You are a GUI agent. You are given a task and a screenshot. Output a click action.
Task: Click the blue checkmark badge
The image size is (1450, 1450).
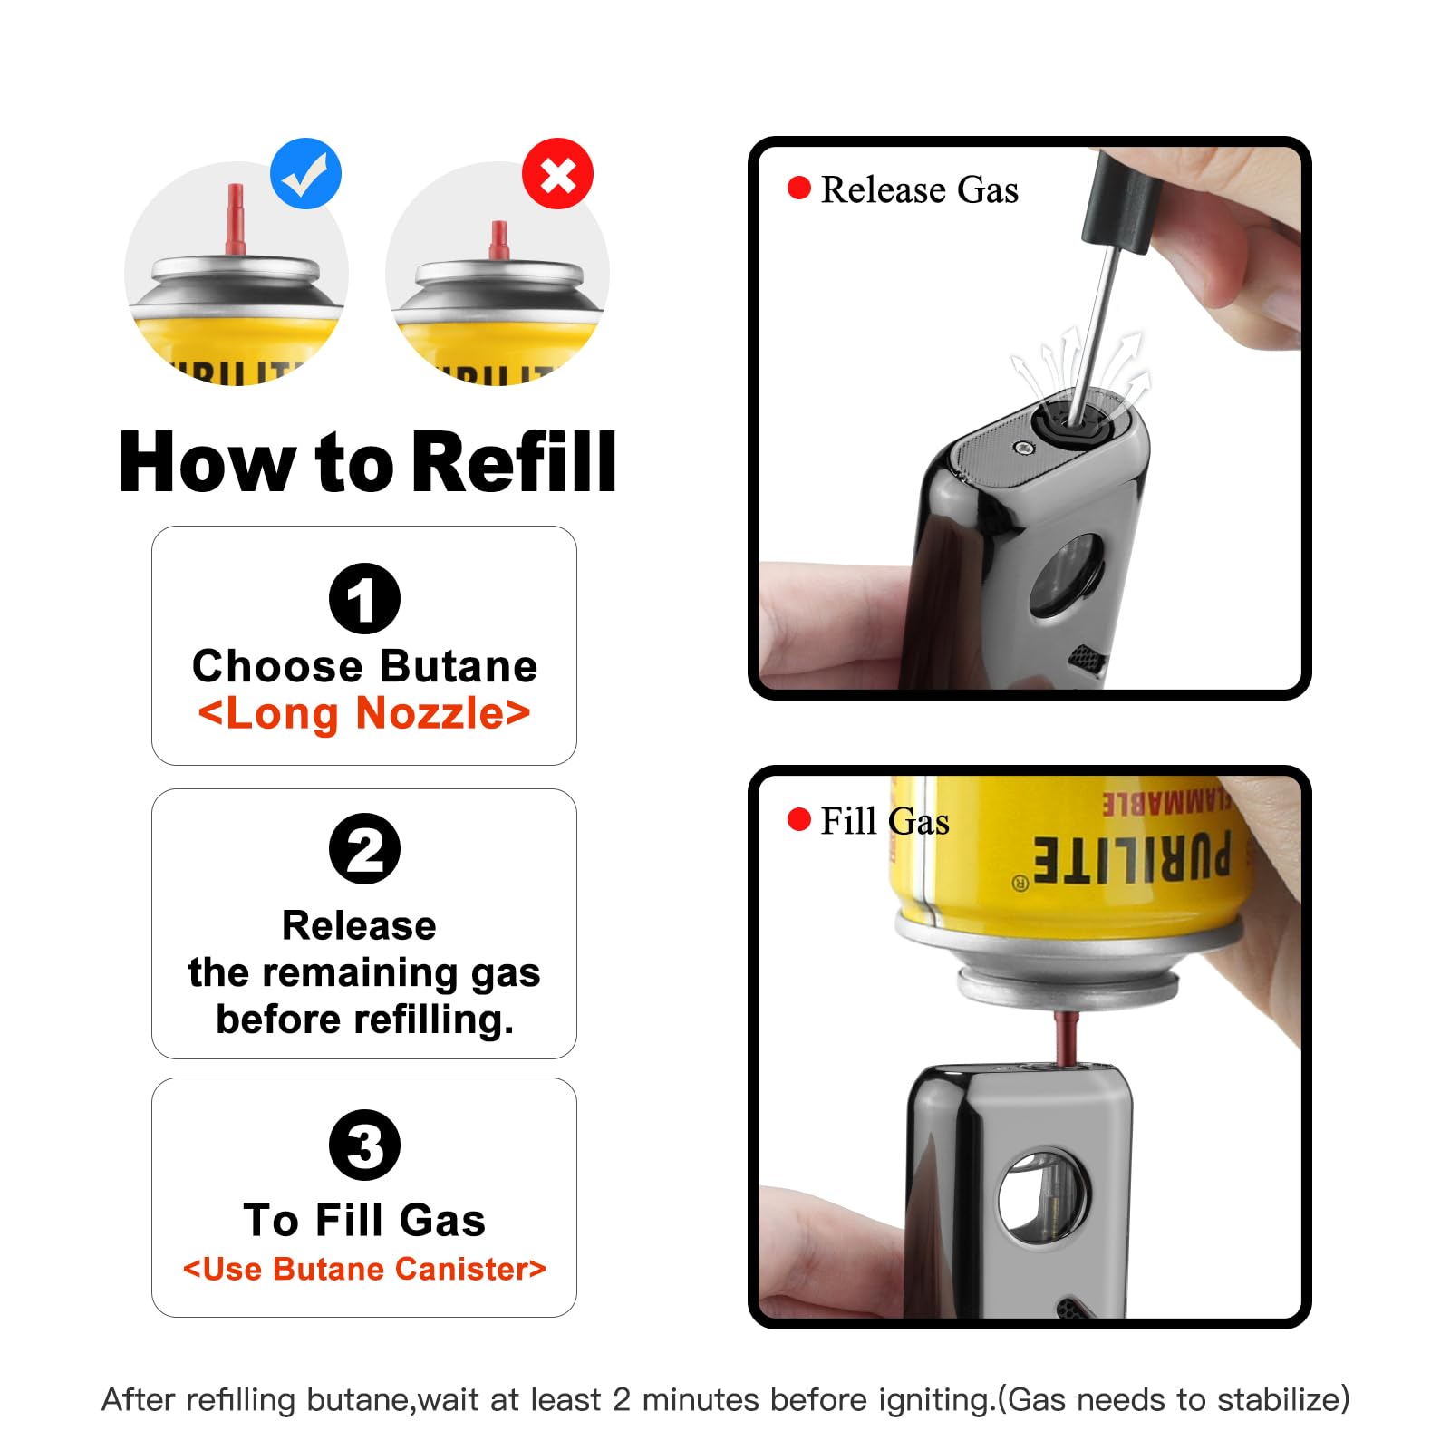click(305, 174)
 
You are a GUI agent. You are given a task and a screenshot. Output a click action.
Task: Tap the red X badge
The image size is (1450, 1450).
click(557, 174)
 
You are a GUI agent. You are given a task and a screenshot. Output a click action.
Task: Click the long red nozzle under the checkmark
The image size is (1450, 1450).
click(235, 219)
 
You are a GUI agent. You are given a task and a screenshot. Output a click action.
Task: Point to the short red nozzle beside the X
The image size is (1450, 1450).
click(498, 240)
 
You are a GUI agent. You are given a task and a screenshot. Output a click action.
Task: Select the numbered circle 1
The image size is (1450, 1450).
click(364, 598)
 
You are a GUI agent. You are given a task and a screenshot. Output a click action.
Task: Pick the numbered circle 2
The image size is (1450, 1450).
click(364, 849)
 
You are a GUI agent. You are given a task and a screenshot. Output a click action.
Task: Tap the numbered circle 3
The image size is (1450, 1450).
click(364, 1145)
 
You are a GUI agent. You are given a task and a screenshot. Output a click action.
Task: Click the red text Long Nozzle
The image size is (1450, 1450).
click(364, 713)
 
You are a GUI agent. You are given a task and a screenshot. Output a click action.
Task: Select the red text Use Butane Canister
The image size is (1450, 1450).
click(364, 1269)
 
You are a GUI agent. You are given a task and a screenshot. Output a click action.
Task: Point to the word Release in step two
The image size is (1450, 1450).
click(359, 926)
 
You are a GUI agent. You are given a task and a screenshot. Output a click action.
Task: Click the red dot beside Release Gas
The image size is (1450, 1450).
click(799, 188)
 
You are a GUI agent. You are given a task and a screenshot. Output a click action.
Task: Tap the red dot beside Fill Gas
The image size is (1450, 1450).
click(799, 819)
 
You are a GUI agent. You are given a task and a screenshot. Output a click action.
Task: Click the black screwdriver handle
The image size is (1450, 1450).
click(1121, 196)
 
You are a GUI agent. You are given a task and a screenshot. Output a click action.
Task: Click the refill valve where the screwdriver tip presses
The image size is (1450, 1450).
click(1070, 420)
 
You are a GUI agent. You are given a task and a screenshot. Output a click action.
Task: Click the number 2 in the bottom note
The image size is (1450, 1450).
click(622, 1399)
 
